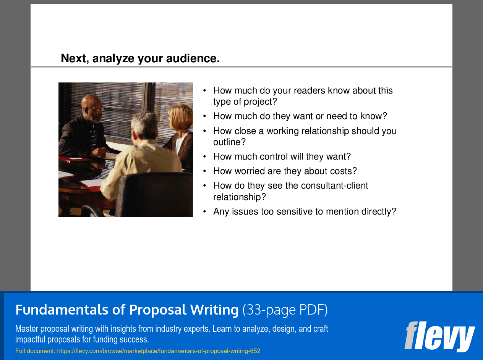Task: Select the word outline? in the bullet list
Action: pos(229,142)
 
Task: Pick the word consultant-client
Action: pos(334,186)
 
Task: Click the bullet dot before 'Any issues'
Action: pos(205,211)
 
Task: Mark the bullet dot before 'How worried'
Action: pos(205,171)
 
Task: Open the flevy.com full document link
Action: pos(159,351)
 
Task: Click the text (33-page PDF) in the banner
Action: pos(285,310)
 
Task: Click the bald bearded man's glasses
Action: pos(97,110)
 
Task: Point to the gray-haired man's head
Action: pos(144,124)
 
